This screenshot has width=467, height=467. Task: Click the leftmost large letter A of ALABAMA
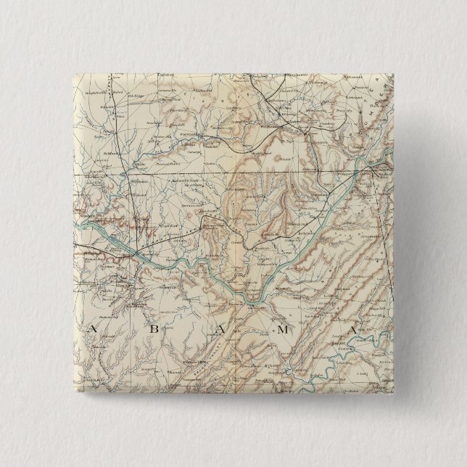(x=93, y=330)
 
